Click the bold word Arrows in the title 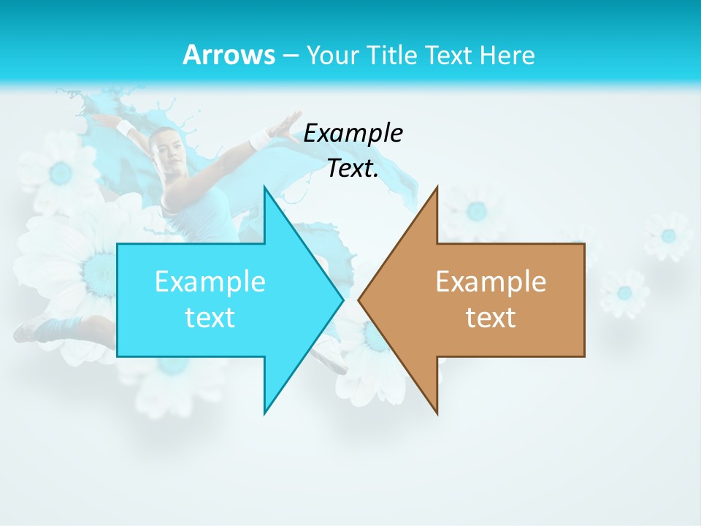(x=229, y=55)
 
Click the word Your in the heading (x=332, y=55)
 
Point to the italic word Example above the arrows (x=353, y=133)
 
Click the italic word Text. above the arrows (x=353, y=169)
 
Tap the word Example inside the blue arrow (x=210, y=281)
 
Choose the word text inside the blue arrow (x=210, y=317)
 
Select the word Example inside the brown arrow (x=491, y=281)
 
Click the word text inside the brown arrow (x=491, y=317)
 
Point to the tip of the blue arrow (x=342, y=299)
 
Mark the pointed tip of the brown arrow (x=359, y=299)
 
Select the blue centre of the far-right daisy (x=668, y=236)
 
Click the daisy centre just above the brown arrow (x=477, y=211)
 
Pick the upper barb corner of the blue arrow (x=264, y=187)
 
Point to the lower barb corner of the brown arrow (x=437, y=413)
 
